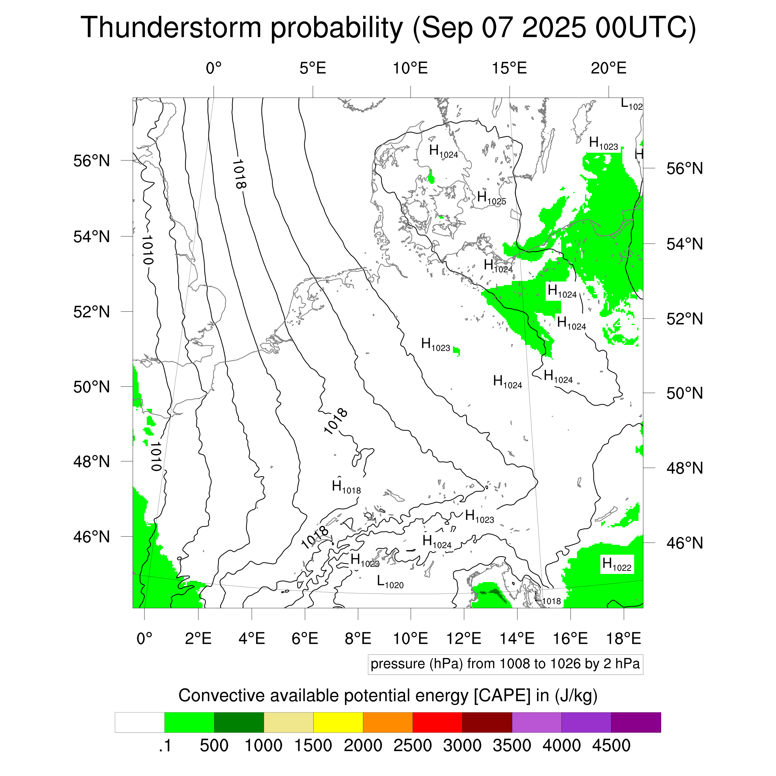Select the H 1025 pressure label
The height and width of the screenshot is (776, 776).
click(491, 198)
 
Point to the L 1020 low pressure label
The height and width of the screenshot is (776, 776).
click(390, 582)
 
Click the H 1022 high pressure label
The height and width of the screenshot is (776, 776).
click(617, 565)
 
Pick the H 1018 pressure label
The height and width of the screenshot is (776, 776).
click(346, 488)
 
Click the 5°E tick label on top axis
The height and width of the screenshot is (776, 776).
click(313, 68)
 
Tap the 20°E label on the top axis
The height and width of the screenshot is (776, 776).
click(608, 68)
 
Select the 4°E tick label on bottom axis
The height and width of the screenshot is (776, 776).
click(252, 638)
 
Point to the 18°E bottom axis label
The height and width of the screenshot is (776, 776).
click(623, 638)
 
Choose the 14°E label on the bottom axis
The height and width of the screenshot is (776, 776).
click(517, 638)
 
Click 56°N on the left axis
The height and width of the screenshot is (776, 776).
click(92, 161)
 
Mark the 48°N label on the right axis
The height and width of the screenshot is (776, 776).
click(685, 468)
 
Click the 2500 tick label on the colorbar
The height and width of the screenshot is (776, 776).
click(413, 746)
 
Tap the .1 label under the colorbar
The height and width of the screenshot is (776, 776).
click(165, 746)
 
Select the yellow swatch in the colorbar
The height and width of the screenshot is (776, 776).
click(338, 723)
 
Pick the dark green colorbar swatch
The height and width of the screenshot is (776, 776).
click(239, 723)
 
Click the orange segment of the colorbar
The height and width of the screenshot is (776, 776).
click(388, 723)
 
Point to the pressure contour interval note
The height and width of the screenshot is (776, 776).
click(505, 664)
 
